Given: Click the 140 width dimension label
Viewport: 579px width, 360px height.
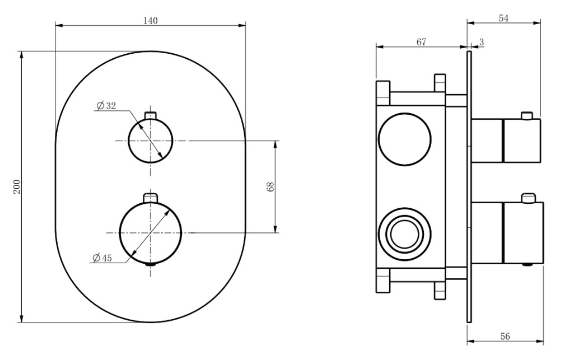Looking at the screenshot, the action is pyautogui.click(x=150, y=21).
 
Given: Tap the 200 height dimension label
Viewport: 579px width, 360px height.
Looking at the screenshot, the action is pyautogui.click(x=17, y=187).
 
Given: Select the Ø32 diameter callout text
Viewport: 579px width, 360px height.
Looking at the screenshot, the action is pyautogui.click(x=106, y=106).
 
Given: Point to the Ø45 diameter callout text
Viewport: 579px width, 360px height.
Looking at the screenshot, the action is pyautogui.click(x=102, y=258).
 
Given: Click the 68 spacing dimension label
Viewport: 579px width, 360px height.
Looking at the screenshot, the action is pyautogui.click(x=270, y=187).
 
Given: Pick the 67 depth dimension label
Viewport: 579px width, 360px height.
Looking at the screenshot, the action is pyautogui.click(x=421, y=42).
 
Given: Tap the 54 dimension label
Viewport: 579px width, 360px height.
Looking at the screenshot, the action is pyautogui.click(x=503, y=18).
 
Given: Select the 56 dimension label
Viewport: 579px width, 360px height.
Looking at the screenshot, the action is pyautogui.click(x=505, y=336).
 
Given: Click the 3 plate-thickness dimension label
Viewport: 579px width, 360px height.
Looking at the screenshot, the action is pyautogui.click(x=482, y=42).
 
